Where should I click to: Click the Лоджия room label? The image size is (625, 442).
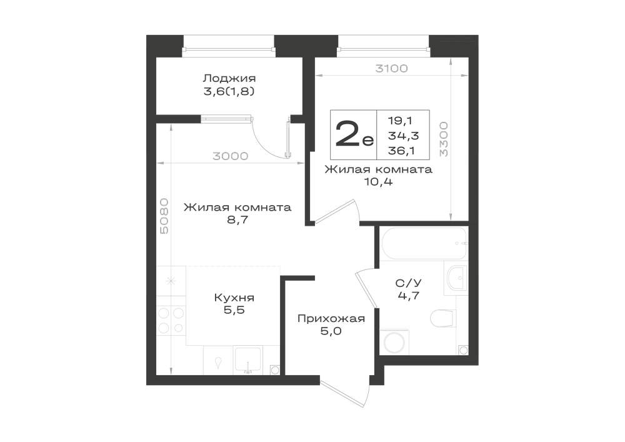pyautogui.click(x=229, y=78)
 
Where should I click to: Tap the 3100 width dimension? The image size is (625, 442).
pyautogui.click(x=391, y=69)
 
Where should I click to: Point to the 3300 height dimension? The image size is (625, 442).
pyautogui.click(x=444, y=139)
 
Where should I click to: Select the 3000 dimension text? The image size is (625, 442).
pyautogui.click(x=231, y=156)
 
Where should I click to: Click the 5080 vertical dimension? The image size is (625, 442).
pyautogui.click(x=164, y=216)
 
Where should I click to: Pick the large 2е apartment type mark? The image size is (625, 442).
pyautogui.click(x=354, y=134)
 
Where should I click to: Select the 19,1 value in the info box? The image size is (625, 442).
pyautogui.click(x=400, y=121)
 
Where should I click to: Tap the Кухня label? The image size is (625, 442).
pyautogui.click(x=234, y=298)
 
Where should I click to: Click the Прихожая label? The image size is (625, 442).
pyautogui.click(x=331, y=318)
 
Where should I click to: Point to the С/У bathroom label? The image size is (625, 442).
pyautogui.click(x=408, y=283)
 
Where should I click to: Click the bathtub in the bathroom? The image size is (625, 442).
pyautogui.click(x=424, y=243)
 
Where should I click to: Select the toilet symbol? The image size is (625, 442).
pyautogui.click(x=443, y=318)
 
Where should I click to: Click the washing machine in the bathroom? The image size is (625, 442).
pyautogui.click(x=394, y=342)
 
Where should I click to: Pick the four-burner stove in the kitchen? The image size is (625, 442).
pyautogui.click(x=171, y=321)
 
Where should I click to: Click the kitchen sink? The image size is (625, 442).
pyautogui.click(x=247, y=360)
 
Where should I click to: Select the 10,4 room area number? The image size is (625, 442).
pyautogui.click(x=378, y=182)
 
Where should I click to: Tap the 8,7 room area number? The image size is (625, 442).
pyautogui.click(x=237, y=219)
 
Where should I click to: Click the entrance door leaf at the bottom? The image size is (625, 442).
pyautogui.click(x=346, y=394)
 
